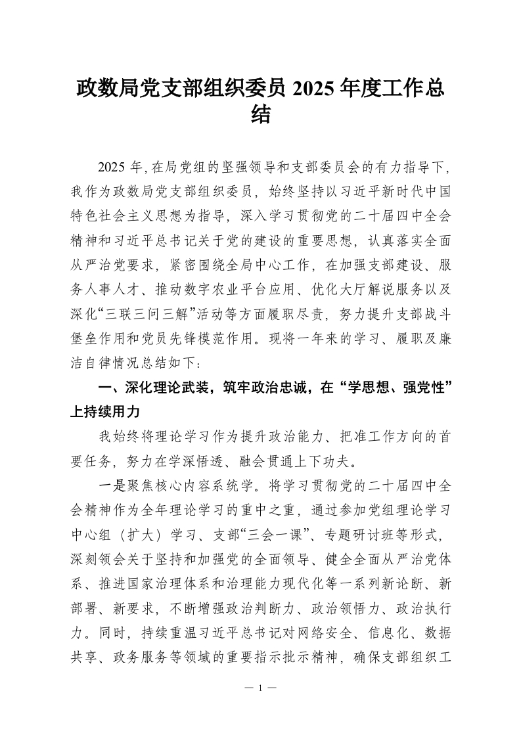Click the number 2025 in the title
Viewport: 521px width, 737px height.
317,88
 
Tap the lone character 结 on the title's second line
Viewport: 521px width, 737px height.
261,116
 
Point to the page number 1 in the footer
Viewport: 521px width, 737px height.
260,688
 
